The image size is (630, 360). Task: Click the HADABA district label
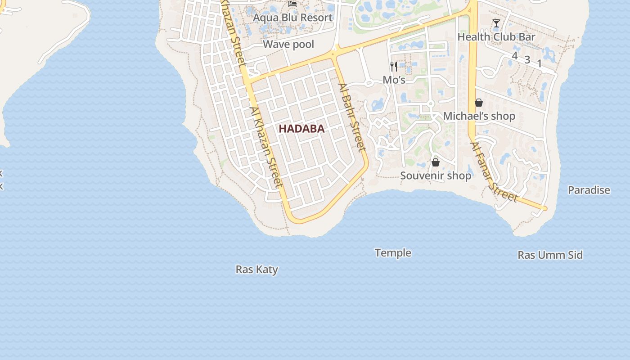click(301, 129)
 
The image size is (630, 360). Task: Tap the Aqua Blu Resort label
click(292, 18)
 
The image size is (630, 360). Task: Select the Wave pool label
click(288, 44)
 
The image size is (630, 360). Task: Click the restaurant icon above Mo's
click(394, 67)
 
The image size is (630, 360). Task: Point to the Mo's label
click(394, 80)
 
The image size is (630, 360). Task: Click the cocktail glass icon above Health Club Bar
click(496, 23)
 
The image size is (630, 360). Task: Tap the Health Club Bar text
click(496, 37)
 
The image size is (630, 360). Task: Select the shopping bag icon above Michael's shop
click(479, 103)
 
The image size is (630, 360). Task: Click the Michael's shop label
click(479, 116)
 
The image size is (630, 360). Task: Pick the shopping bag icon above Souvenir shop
click(435, 162)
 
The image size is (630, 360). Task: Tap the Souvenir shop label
click(436, 175)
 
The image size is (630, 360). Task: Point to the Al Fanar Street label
click(493, 172)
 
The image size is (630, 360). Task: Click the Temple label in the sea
click(393, 253)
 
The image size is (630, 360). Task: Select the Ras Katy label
click(256, 270)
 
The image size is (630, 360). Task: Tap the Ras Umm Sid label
click(550, 255)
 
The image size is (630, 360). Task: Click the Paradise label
click(589, 190)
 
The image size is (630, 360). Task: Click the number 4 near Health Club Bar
click(515, 56)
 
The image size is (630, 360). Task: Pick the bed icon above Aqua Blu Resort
click(292, 4)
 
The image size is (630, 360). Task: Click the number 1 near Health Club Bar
click(539, 64)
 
